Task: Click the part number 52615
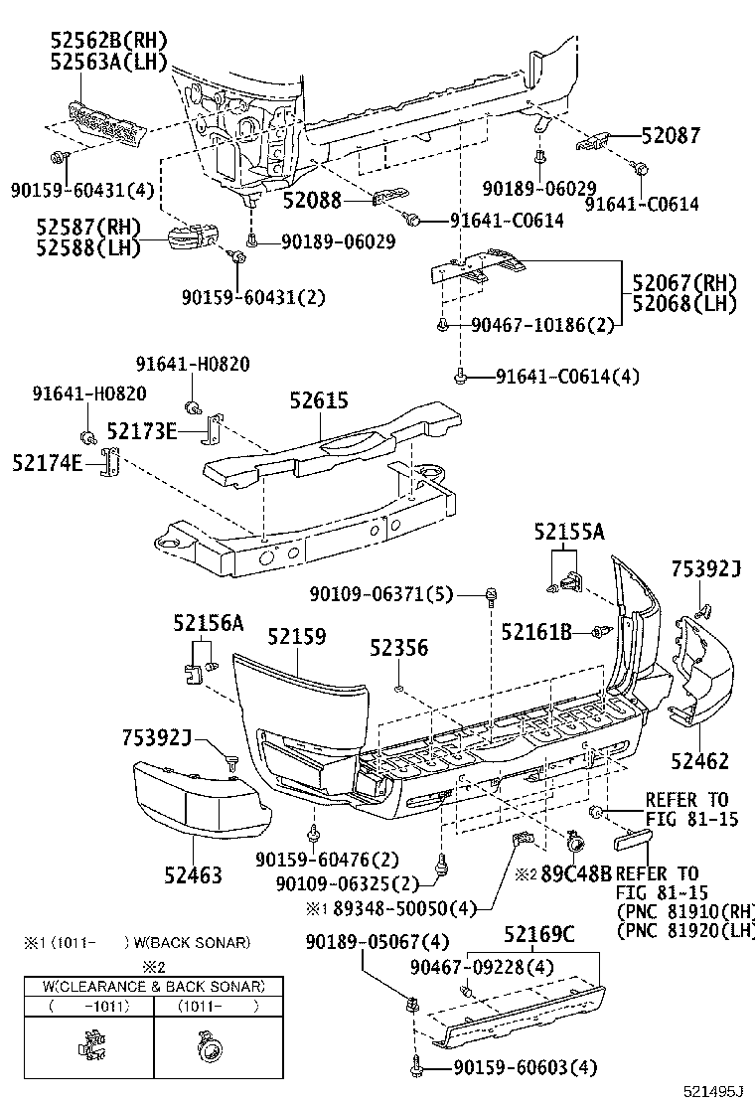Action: tap(319, 400)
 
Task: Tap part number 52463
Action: tap(193, 875)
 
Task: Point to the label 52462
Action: tap(699, 762)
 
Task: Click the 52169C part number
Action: tap(538, 935)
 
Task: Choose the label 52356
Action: tap(398, 648)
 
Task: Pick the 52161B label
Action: tap(536, 632)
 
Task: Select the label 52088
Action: tap(312, 200)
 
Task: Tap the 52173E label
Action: tap(142, 431)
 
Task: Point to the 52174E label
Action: tap(48, 463)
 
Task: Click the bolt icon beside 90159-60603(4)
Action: tap(416, 1069)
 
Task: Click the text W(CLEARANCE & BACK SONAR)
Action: tap(153, 987)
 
